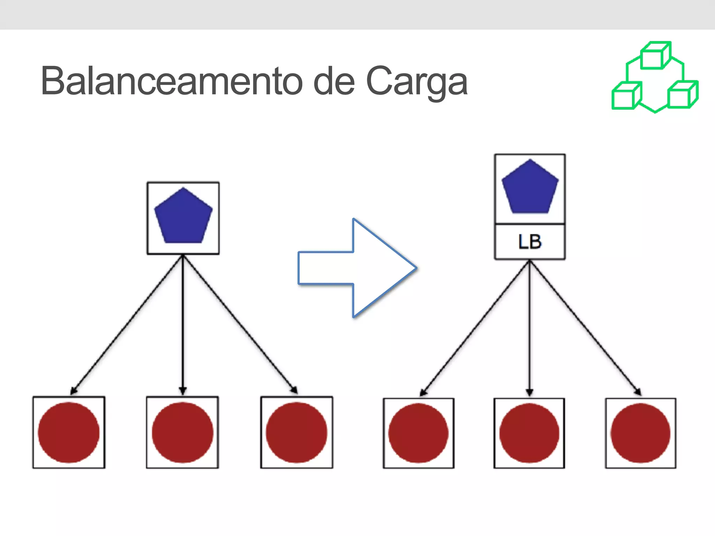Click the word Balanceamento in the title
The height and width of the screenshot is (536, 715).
pyautogui.click(x=171, y=81)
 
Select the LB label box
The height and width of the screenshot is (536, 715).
pyautogui.click(x=530, y=242)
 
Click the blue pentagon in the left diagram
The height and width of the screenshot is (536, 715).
pyautogui.click(x=183, y=217)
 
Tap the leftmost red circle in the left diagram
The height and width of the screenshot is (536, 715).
pyautogui.click(x=69, y=432)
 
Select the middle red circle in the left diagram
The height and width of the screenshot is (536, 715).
pyautogui.click(x=183, y=432)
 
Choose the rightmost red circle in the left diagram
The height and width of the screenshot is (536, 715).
pyautogui.click(x=296, y=432)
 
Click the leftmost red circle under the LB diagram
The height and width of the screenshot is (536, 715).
pyautogui.click(x=418, y=433)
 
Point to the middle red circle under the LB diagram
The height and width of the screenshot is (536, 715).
pyautogui.click(x=529, y=433)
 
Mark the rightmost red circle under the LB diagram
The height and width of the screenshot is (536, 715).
pyautogui.click(x=640, y=433)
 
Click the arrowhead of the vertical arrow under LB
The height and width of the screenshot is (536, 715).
pyautogui.click(x=530, y=393)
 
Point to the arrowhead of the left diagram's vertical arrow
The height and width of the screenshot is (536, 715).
pyautogui.click(x=183, y=390)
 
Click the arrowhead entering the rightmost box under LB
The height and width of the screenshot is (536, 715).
pyautogui.click(x=637, y=392)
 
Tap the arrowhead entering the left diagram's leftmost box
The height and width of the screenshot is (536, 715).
pyautogui.click(x=74, y=390)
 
